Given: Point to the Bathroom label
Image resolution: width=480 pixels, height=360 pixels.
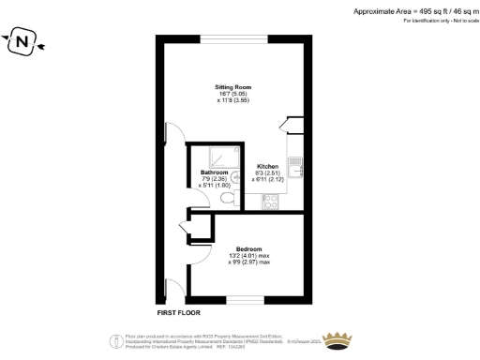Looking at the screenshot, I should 215,172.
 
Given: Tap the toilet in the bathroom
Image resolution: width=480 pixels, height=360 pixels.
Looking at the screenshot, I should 225,199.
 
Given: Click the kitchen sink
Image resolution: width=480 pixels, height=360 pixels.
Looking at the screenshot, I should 294,168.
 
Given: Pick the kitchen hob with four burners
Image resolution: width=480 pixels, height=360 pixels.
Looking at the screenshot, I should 270,200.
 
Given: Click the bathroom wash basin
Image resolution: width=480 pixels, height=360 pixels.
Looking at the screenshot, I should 236,174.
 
